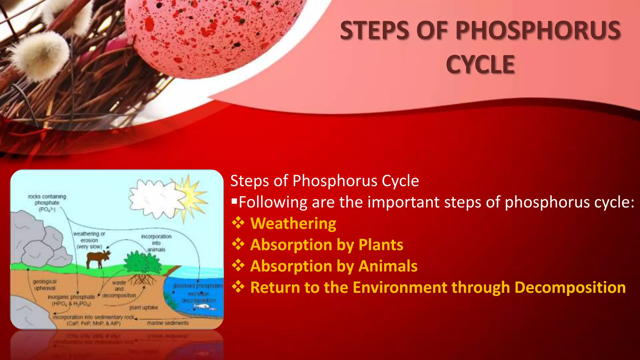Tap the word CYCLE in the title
click(x=480, y=65)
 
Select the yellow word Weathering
click(x=293, y=223)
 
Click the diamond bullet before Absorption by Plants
click(x=238, y=244)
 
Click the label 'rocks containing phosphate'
click(x=47, y=202)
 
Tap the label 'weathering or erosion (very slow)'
click(x=89, y=240)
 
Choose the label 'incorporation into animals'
click(x=156, y=243)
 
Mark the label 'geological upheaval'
click(x=45, y=285)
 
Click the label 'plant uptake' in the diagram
click(x=143, y=307)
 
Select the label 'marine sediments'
click(x=168, y=323)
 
